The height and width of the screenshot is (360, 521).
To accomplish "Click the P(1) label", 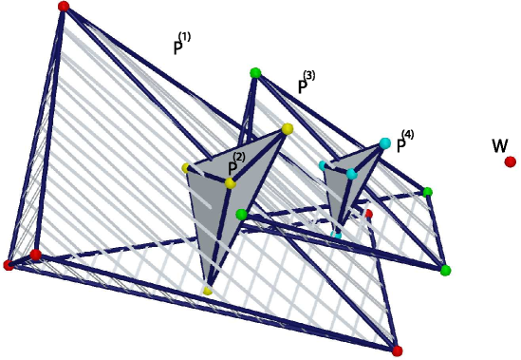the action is click(x=182, y=45).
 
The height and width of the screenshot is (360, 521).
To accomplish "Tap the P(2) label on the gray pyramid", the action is click(x=234, y=165).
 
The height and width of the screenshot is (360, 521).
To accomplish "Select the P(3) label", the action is click(x=306, y=84).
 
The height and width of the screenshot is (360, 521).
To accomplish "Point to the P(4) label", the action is click(x=405, y=142).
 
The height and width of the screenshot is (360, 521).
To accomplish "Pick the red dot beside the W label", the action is click(x=511, y=162).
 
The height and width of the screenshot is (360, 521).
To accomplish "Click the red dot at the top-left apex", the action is click(x=64, y=7).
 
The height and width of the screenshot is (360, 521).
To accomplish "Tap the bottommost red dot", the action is click(x=398, y=351).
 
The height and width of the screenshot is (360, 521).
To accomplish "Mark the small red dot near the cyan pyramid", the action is click(x=368, y=215).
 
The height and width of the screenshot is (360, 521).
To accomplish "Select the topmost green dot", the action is click(x=254, y=73).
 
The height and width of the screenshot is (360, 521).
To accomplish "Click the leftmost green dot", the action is click(x=241, y=215).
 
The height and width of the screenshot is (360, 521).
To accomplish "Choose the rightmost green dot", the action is click(x=445, y=271).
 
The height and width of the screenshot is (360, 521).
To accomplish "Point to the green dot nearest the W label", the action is click(x=428, y=192).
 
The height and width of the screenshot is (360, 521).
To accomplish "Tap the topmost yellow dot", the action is click(x=287, y=128).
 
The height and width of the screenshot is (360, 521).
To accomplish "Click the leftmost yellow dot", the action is click(x=186, y=167).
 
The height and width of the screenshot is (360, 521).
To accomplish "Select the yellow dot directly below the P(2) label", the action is click(x=230, y=182).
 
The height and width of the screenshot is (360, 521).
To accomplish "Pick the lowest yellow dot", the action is click(x=207, y=290).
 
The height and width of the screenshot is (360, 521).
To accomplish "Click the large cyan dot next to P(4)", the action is click(x=385, y=143).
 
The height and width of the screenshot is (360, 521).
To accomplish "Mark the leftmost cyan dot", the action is click(x=323, y=164).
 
